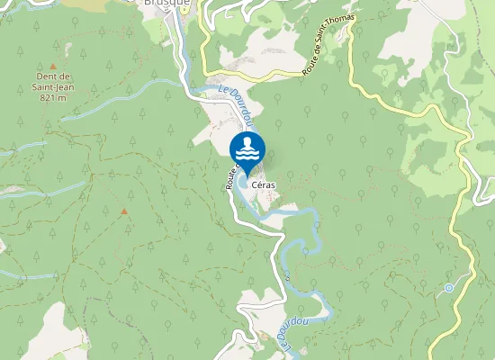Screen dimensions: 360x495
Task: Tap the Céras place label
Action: pyautogui.click(x=264, y=184)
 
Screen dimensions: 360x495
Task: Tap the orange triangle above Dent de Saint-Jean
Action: pyautogui.click(x=53, y=67)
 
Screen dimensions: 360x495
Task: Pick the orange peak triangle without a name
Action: pyautogui.click(x=124, y=211)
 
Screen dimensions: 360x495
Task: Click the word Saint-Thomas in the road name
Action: pyautogui.click(x=338, y=32)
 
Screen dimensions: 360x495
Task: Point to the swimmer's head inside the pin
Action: pyautogui.click(x=247, y=143)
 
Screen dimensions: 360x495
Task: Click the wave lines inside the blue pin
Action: pyautogui.click(x=247, y=157)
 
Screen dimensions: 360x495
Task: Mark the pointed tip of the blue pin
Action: pyautogui.click(x=247, y=175)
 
